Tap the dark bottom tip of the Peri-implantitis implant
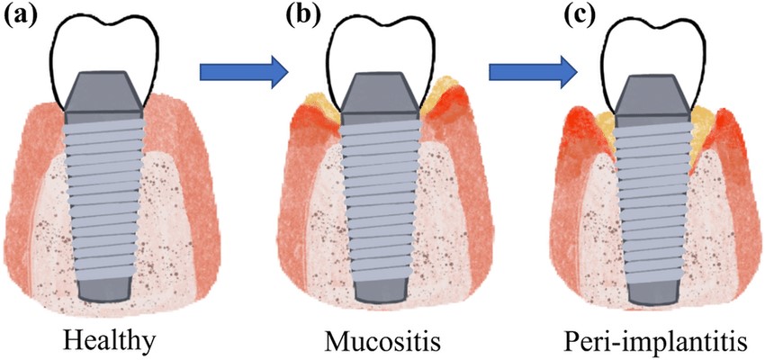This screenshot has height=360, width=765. (652, 289)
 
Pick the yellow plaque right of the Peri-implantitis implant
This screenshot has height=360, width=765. (703, 131)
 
